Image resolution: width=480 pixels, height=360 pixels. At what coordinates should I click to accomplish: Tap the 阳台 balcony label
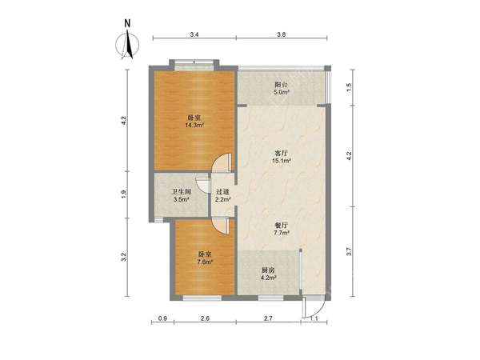click(282, 84)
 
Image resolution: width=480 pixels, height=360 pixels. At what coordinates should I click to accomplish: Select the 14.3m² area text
click(194, 125)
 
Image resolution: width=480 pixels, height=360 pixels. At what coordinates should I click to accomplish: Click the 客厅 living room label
click(282, 153)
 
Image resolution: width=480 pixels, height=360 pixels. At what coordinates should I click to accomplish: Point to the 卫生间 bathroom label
click(182, 192)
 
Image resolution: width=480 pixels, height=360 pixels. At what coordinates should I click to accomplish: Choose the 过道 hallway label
click(222, 192)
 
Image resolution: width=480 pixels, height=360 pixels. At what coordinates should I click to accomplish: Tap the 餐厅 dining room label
click(282, 226)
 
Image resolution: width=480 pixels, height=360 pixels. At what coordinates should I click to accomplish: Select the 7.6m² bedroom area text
click(205, 262)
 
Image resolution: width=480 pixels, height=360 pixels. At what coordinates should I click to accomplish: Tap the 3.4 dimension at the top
click(194, 34)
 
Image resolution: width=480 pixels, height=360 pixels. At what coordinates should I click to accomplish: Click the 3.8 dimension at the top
click(282, 34)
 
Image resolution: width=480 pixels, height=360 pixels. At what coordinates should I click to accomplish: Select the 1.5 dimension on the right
click(350, 87)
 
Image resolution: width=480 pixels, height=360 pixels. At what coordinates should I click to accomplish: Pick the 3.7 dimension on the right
click(350, 252)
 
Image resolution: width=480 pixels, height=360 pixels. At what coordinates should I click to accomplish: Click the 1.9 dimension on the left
click(123, 194)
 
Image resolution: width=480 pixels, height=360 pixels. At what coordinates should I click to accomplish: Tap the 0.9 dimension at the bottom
click(163, 318)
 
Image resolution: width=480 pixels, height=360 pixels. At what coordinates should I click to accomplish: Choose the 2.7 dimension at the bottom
click(268, 318)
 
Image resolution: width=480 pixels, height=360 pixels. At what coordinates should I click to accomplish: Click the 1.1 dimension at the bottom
click(314, 318)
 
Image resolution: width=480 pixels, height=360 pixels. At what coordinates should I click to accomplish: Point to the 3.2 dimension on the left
click(123, 257)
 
